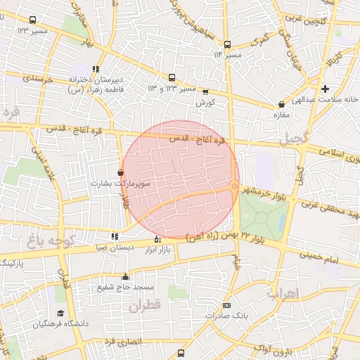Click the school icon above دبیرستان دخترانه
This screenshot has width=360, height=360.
(96, 69)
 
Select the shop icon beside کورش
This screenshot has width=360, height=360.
(205, 91)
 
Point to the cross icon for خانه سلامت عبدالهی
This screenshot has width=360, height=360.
(325, 89)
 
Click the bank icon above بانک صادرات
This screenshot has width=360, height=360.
(226, 305)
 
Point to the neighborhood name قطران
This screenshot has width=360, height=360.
(146, 305)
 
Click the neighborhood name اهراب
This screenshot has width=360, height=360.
(283, 292)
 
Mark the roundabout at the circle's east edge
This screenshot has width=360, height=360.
(233, 186)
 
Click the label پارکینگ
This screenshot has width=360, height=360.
(11, 262)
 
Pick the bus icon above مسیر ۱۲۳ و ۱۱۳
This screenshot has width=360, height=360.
(172, 78)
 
